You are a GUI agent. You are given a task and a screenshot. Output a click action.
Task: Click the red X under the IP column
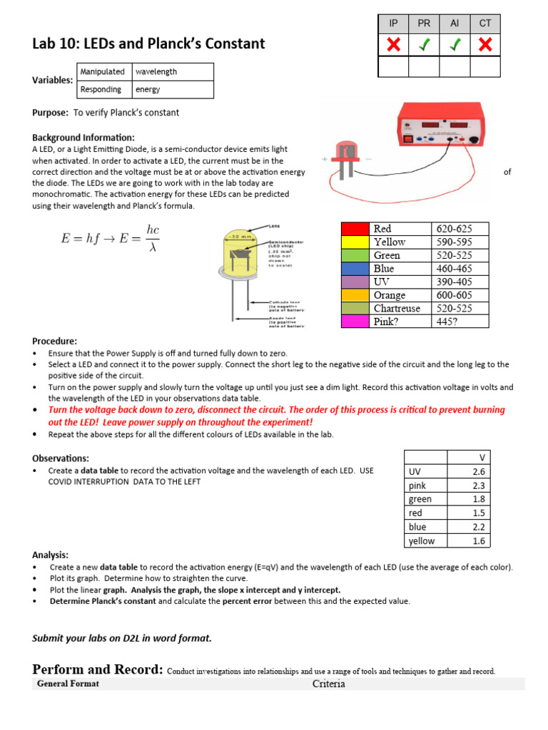[x=393, y=45]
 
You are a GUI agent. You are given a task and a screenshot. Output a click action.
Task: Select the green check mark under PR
[x=424, y=45]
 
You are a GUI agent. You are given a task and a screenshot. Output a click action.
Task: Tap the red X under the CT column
[x=485, y=45]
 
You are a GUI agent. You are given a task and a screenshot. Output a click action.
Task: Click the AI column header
[x=455, y=24]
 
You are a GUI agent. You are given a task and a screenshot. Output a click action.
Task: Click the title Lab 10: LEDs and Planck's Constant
[x=148, y=43]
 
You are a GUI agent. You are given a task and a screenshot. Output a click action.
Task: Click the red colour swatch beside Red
[x=355, y=229]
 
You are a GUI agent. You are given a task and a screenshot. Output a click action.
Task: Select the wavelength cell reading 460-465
[x=461, y=269]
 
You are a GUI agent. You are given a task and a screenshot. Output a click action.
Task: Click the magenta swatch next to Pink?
[x=355, y=322]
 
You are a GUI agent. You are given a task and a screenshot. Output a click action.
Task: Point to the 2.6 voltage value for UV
[x=479, y=472]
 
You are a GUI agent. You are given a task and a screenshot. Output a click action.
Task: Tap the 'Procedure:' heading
[x=55, y=341]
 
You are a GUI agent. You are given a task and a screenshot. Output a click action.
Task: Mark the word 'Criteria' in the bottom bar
[x=329, y=684]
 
